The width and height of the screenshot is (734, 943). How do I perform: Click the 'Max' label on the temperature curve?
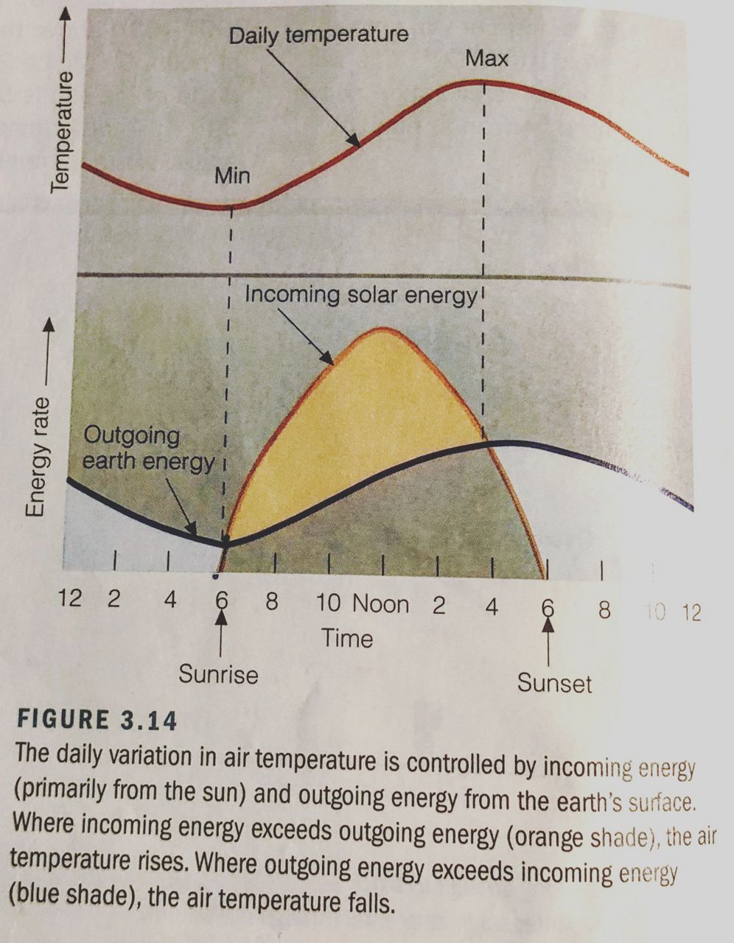click(486, 58)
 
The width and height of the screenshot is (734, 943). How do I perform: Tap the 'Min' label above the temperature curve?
click(232, 176)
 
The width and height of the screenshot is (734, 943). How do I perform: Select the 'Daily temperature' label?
click(318, 35)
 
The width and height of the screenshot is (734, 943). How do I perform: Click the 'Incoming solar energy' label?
click(360, 295)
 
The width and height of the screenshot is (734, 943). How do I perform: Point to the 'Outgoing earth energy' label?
click(147, 448)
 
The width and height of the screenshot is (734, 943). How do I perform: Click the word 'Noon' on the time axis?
click(380, 605)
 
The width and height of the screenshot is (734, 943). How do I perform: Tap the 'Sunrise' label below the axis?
click(218, 674)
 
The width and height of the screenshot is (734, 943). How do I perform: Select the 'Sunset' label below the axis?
click(554, 683)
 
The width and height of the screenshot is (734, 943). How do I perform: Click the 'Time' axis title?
click(347, 638)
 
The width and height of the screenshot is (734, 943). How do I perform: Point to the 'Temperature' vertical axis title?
click(63, 131)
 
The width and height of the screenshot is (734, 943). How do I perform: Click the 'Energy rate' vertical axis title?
click(37, 457)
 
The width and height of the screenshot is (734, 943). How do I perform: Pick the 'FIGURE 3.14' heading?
click(97, 719)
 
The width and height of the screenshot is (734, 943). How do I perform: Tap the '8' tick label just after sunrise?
click(272, 602)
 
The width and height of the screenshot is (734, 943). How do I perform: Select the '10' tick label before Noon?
click(329, 603)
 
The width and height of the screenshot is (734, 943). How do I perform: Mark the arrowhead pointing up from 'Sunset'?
click(548, 627)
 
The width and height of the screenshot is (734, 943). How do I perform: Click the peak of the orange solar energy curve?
click(382, 329)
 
